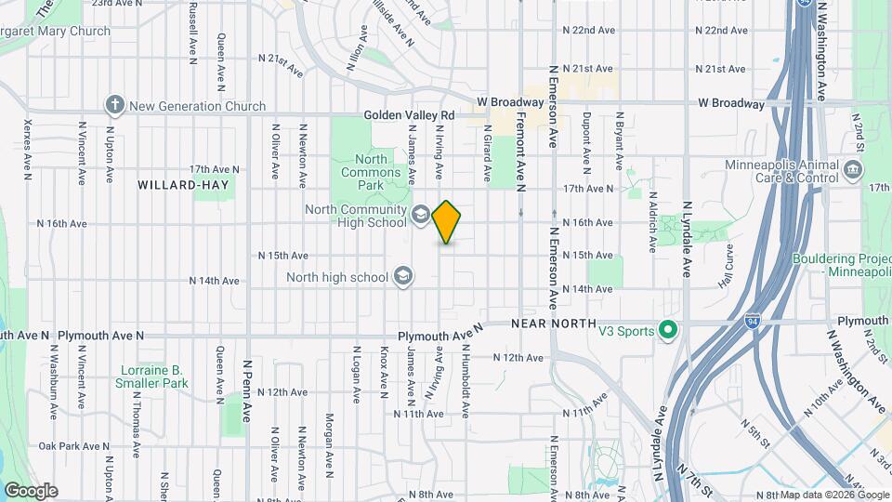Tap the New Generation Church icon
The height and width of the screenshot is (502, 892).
point(115,105)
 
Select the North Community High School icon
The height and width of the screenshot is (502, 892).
point(420,216)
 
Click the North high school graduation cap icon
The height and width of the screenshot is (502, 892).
point(403,276)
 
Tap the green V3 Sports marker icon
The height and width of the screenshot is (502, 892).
point(666,330)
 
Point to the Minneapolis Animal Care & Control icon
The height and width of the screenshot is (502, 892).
point(853,172)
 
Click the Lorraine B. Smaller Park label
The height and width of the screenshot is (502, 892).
point(151,376)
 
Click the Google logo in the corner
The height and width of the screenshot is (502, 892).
point(31,491)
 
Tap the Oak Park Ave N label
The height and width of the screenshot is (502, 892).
point(65,446)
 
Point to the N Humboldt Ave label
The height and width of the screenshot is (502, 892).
point(464,376)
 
